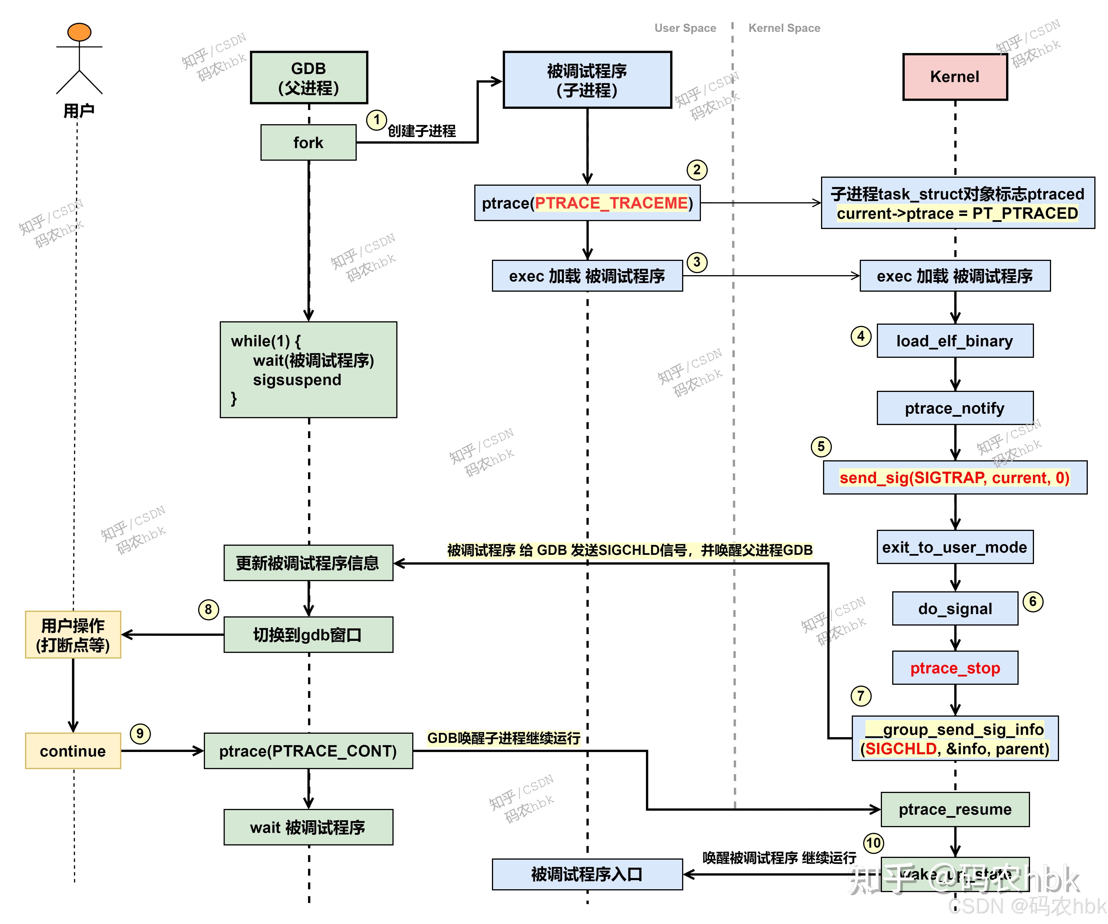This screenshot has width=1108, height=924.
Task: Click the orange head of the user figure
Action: click(79, 32)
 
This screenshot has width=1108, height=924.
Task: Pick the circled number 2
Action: click(696, 170)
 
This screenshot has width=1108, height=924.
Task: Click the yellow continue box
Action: click(73, 751)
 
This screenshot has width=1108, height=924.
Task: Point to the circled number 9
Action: click(140, 733)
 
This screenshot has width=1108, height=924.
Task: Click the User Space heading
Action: click(685, 28)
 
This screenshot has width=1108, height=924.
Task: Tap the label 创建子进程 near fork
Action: click(422, 131)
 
